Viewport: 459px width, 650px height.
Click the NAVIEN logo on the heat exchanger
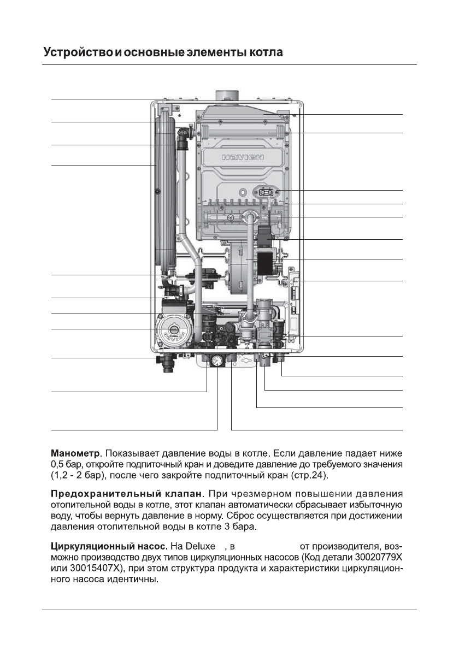[243, 157]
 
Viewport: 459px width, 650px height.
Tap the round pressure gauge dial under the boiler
[216, 361]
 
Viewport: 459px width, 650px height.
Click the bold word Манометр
[75, 453]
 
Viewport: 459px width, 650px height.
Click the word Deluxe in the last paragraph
[204, 546]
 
